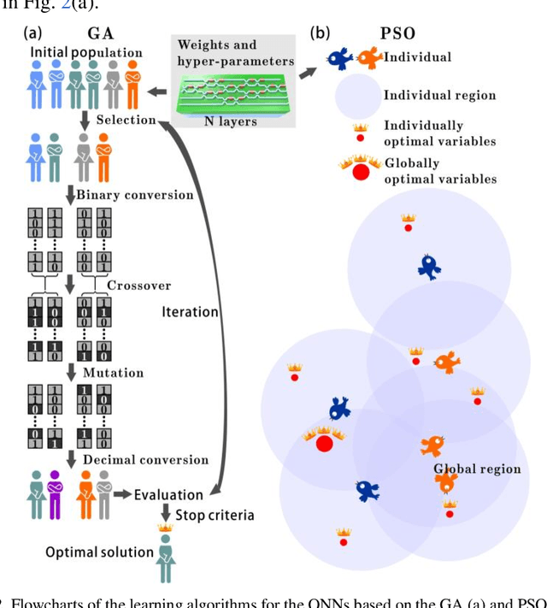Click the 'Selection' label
coord(126,121)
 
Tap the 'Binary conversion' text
coord(135,195)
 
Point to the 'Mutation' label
coord(113,373)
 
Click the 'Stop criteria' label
coord(215,516)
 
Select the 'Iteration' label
coord(190,312)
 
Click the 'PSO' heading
coord(397,35)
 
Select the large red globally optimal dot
coord(325,443)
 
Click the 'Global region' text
coord(477,469)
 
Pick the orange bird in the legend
coord(368,58)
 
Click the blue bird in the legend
coord(341,58)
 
